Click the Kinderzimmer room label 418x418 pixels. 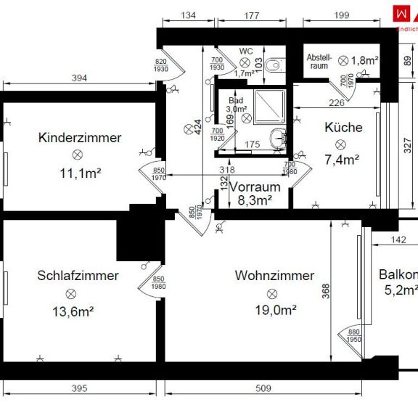pos(80,137)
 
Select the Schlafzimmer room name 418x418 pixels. pos(78,276)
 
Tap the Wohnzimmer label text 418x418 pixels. pos(274,276)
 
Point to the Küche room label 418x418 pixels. pos(343,127)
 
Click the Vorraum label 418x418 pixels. pos(255,187)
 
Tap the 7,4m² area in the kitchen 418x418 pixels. pos(342,158)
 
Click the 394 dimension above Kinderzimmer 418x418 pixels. pos(80,78)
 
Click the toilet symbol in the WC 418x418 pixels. pos(274,66)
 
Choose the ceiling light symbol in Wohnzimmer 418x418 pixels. pos(272,293)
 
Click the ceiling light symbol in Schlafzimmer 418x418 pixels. pos(70,293)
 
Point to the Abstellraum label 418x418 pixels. pos(319,60)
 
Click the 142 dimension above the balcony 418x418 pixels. pos(398,239)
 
